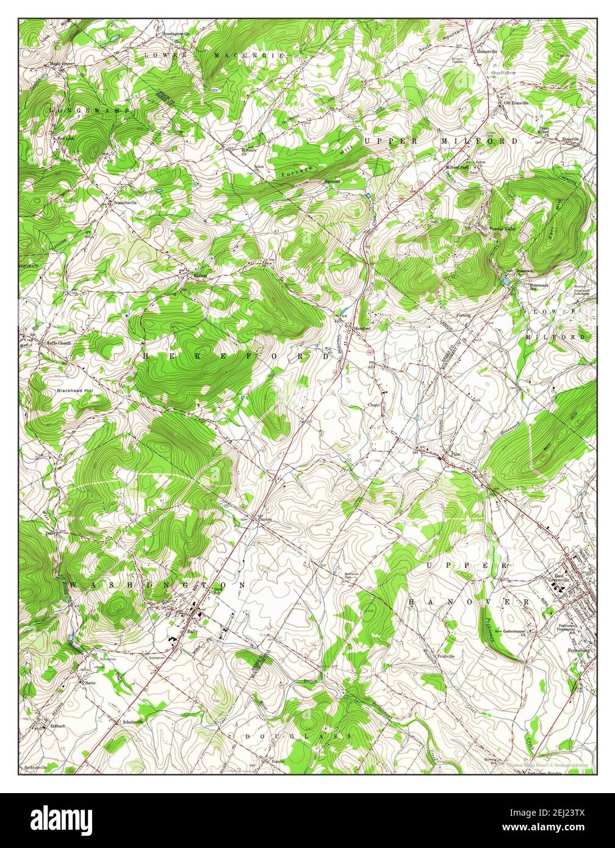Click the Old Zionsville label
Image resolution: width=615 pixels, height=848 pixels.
click(x=516, y=103)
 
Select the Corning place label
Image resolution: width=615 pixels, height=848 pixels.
click(x=464, y=315)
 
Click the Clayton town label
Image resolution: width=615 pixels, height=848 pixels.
click(x=264, y=519)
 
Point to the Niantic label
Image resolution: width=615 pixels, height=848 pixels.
click(x=278, y=761)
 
